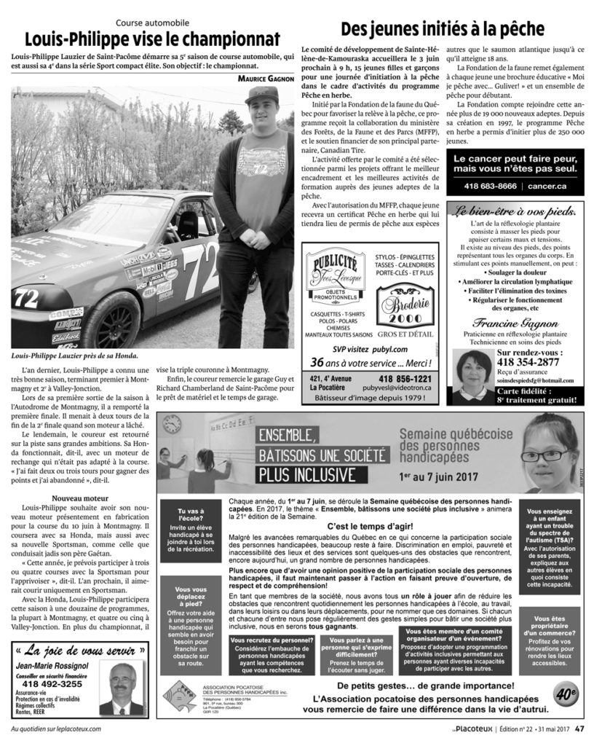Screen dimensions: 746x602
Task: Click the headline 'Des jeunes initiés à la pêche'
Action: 443,31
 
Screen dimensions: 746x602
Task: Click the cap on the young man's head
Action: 260,95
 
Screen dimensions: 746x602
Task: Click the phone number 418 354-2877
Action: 528,361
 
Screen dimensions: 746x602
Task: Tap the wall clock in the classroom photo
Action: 173,424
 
